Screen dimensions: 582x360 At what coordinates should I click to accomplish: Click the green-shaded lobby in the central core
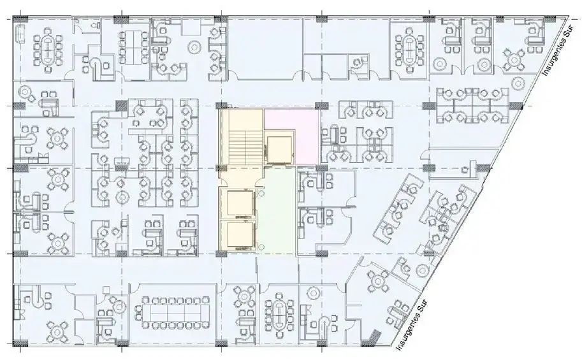click(x=278, y=210)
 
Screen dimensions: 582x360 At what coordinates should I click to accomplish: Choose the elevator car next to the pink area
click(x=279, y=150)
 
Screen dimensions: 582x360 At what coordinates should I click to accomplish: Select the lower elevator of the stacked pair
click(x=240, y=235)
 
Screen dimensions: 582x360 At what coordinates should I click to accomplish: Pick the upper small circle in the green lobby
click(x=261, y=193)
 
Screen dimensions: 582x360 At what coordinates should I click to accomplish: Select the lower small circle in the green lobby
click(x=261, y=247)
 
